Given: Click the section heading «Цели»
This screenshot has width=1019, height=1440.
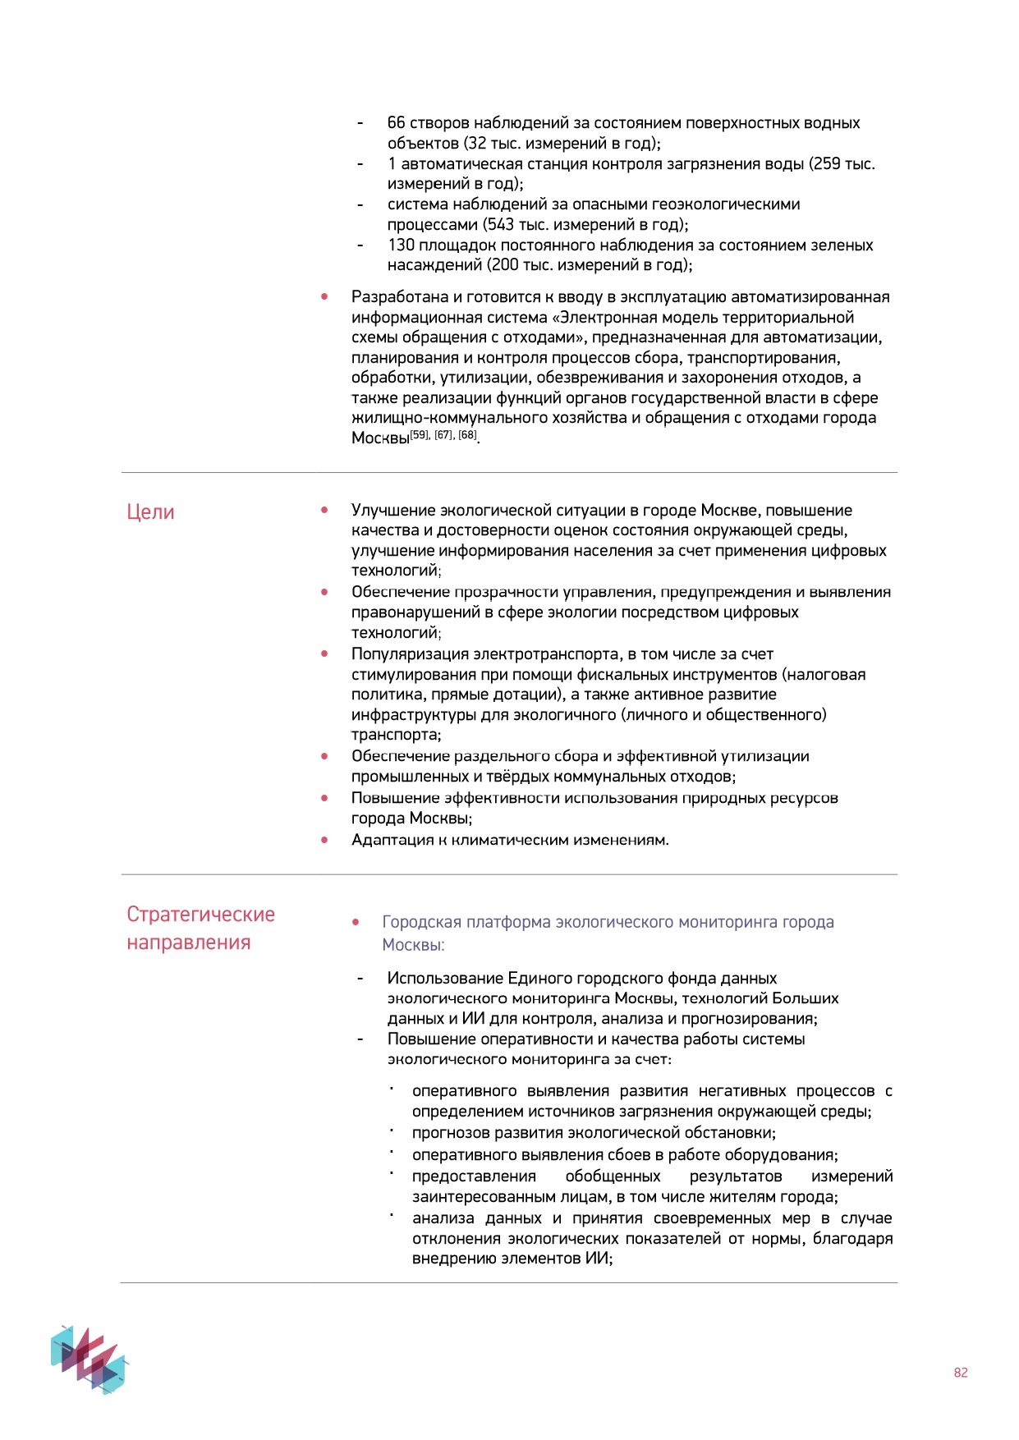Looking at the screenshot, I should tap(150, 512).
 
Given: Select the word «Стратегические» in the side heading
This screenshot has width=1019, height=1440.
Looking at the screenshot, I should tap(200, 915).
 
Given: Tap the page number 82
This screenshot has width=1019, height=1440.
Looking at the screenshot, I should tap(961, 1373).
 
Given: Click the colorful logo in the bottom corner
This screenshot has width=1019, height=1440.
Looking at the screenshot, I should tap(89, 1359).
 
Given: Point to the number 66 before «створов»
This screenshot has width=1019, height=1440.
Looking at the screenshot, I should tap(396, 123).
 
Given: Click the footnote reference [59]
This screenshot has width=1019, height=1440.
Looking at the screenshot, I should tap(420, 435).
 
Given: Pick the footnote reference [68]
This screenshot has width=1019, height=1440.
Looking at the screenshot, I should tap(467, 435).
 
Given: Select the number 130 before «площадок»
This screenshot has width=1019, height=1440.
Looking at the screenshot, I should tap(401, 245).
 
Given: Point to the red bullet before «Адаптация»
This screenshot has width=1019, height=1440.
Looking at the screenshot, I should tap(325, 840).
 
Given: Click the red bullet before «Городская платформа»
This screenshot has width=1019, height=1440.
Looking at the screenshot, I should tap(356, 922).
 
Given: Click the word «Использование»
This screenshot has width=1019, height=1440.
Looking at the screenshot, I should tap(445, 979).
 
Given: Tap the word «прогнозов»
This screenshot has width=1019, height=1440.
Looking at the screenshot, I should tap(451, 1133).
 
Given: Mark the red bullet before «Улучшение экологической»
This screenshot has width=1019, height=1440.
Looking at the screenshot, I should tap(325, 511).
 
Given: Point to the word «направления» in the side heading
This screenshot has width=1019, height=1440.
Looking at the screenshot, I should tap(188, 942).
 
